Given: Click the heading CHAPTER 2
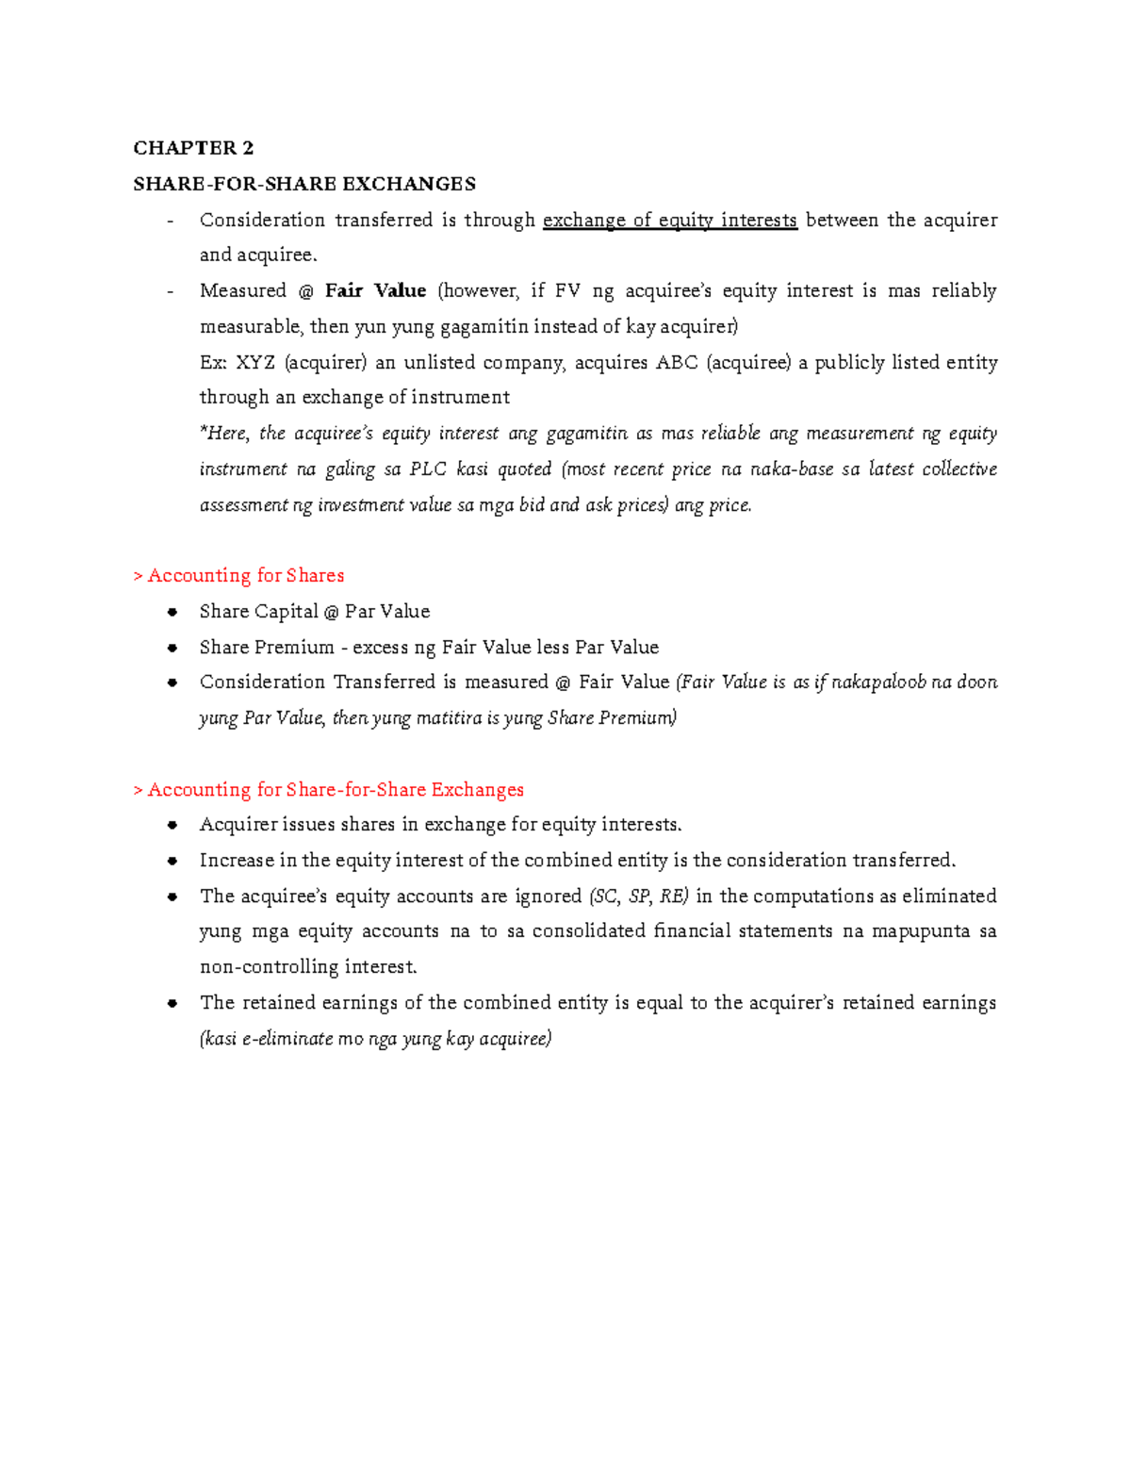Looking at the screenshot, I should click(x=193, y=148).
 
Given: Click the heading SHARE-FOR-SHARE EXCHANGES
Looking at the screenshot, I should click(x=304, y=184).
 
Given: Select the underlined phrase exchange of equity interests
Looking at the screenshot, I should click(x=670, y=221).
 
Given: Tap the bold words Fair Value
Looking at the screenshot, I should click(x=375, y=291).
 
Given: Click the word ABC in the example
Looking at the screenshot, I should click(x=677, y=363).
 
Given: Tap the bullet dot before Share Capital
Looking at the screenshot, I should click(x=172, y=612).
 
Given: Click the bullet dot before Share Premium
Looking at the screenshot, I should click(x=172, y=648).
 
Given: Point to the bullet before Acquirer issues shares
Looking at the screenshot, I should click(x=172, y=825).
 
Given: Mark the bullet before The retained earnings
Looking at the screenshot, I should click(x=172, y=1003).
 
